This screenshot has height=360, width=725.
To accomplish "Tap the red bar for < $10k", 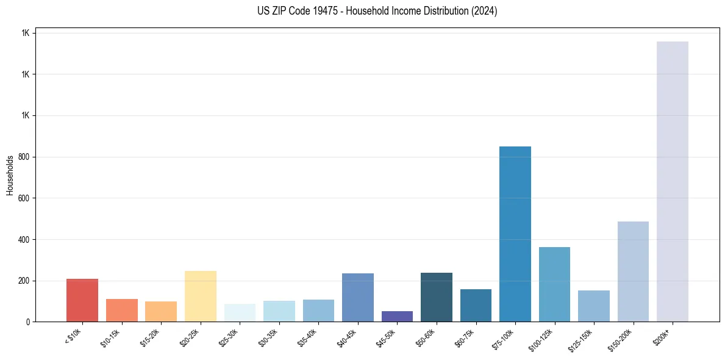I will tap(82, 300).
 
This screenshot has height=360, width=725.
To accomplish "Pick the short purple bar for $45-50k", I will tap(397, 316).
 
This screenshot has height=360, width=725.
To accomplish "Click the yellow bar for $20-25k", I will tap(201, 296).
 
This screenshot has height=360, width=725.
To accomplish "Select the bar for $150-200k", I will tap(633, 272).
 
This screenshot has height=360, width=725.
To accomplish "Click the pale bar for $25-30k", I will tap(240, 312).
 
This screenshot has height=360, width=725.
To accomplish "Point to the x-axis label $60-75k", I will tap(466, 337).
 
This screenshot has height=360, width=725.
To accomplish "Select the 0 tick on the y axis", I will tap(28, 322).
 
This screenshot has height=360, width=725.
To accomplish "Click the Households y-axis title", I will tap(10, 175).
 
